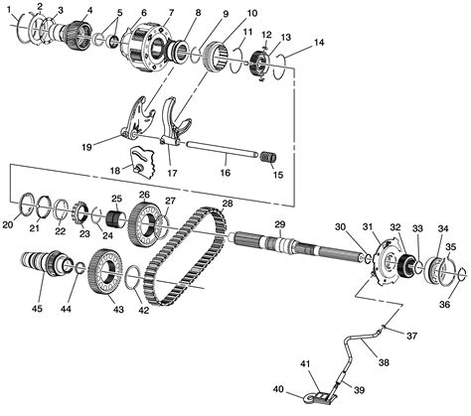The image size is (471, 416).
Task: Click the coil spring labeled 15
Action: pos(266,156)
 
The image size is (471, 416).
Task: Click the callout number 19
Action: pos(86,146)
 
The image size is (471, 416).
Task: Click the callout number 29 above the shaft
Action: pos(280,224)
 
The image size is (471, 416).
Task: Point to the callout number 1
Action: pos(9,9)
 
